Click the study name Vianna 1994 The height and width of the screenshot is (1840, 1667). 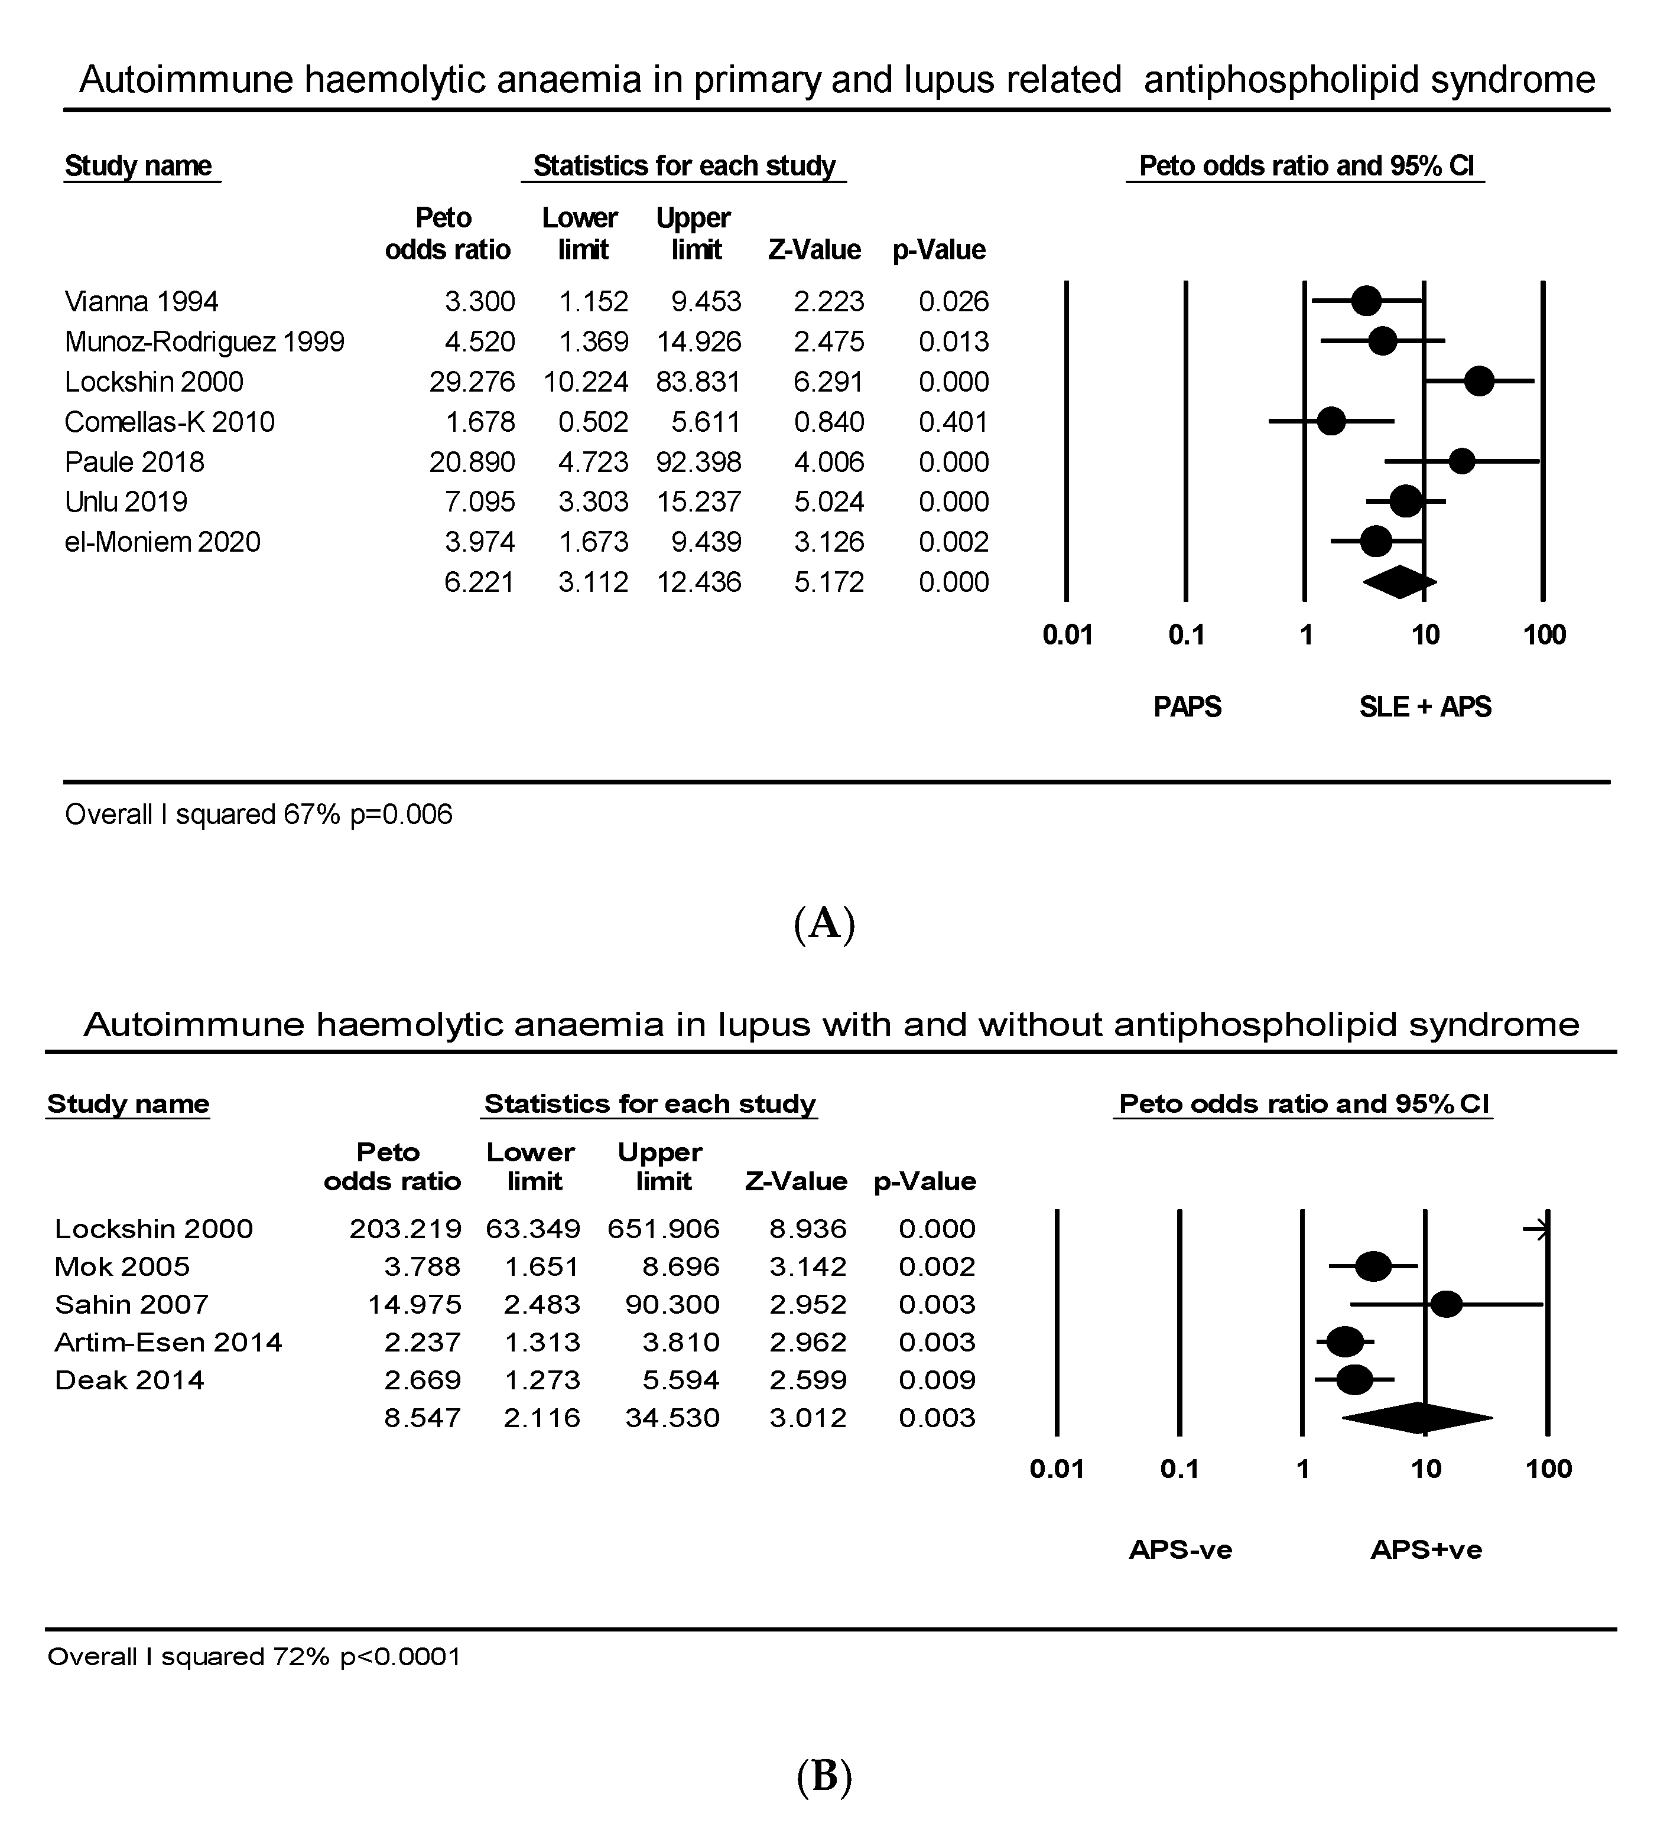tap(141, 301)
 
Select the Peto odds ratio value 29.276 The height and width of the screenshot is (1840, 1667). tap(472, 382)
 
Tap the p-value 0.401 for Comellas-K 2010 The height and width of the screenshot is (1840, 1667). tap(953, 422)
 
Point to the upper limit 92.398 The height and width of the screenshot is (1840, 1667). tap(698, 462)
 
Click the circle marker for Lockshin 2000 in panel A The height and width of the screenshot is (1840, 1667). tap(1479, 382)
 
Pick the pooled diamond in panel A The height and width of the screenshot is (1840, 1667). tap(1399, 582)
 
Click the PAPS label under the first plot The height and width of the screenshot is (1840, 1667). tap(1187, 707)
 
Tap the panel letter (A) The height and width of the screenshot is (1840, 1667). tap(824, 924)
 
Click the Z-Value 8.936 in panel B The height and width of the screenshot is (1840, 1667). tap(808, 1229)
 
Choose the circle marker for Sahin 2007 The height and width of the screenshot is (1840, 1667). tap(1446, 1304)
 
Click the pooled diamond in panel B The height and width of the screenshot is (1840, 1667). tap(1418, 1418)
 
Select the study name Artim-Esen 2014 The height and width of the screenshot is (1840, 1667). tap(168, 1341)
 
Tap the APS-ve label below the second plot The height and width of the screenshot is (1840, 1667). tap(1181, 1550)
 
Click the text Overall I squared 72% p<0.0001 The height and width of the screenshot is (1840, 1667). tap(254, 1656)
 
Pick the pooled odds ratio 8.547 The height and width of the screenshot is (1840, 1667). tap(422, 1418)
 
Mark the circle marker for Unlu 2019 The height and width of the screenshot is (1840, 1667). tap(1405, 501)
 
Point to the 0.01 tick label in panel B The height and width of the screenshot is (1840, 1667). tap(1056, 1468)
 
